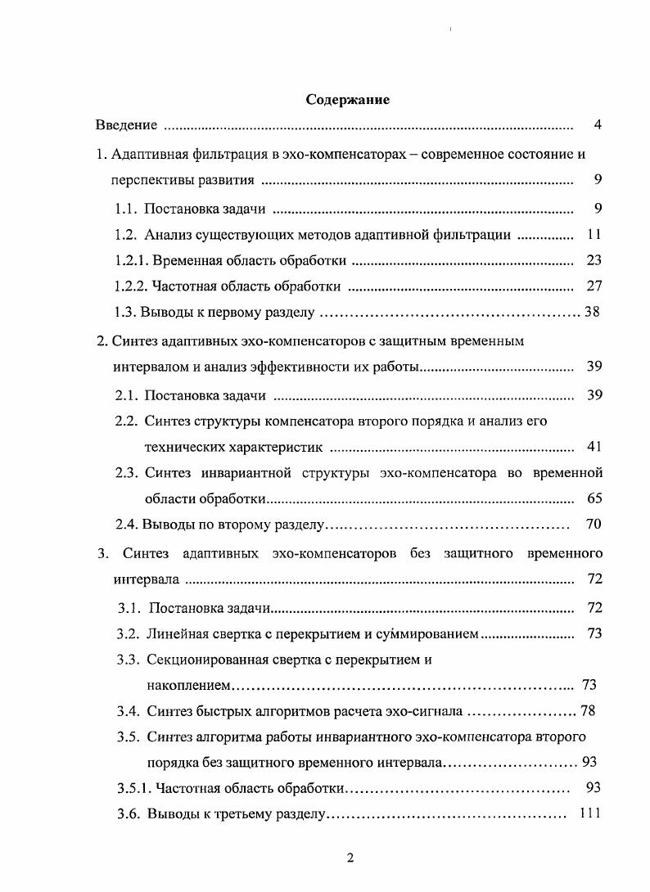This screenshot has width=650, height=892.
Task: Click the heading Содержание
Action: click(347, 100)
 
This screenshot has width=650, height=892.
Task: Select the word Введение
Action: click(125, 125)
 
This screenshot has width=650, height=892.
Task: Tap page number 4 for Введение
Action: click(598, 125)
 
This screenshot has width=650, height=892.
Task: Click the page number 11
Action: click(594, 235)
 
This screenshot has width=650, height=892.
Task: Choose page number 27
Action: click(594, 287)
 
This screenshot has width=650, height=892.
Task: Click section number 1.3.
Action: click(126, 313)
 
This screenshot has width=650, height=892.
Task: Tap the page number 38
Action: click(592, 313)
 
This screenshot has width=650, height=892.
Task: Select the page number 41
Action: click(594, 447)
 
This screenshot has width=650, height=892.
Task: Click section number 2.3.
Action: click(126, 473)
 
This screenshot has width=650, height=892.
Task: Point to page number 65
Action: click(594, 498)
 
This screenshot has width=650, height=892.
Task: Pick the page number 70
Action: click(594, 525)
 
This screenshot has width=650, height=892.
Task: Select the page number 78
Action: click(588, 710)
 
